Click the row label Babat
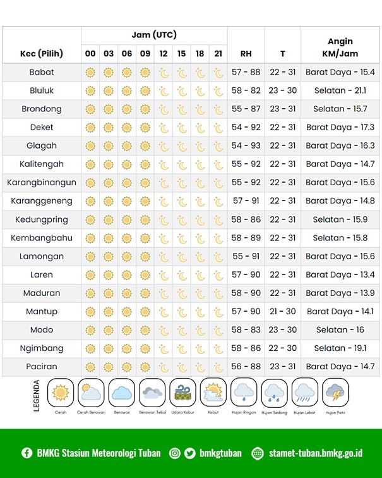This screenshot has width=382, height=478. [x=42, y=72]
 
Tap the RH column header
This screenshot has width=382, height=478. [x=246, y=54]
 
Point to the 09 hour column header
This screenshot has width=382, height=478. [x=145, y=54]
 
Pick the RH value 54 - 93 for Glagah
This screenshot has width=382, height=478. [x=246, y=145]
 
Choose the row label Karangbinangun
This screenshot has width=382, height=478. [x=42, y=182]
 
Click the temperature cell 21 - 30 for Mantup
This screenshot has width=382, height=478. [x=282, y=311]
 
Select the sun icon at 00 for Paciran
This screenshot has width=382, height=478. [x=90, y=367]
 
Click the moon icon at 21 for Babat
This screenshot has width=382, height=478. [x=218, y=73]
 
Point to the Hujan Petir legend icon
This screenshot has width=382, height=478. [x=335, y=393]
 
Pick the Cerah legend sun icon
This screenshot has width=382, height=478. [x=61, y=393]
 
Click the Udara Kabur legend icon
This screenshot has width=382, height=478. [x=182, y=393]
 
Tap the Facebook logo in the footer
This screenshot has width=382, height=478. [x=27, y=453]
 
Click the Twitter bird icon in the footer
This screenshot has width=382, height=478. [x=191, y=453]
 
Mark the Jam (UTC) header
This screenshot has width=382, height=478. [x=154, y=35]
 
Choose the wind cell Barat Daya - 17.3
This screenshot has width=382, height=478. [x=340, y=127]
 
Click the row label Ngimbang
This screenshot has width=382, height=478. [x=42, y=348]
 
